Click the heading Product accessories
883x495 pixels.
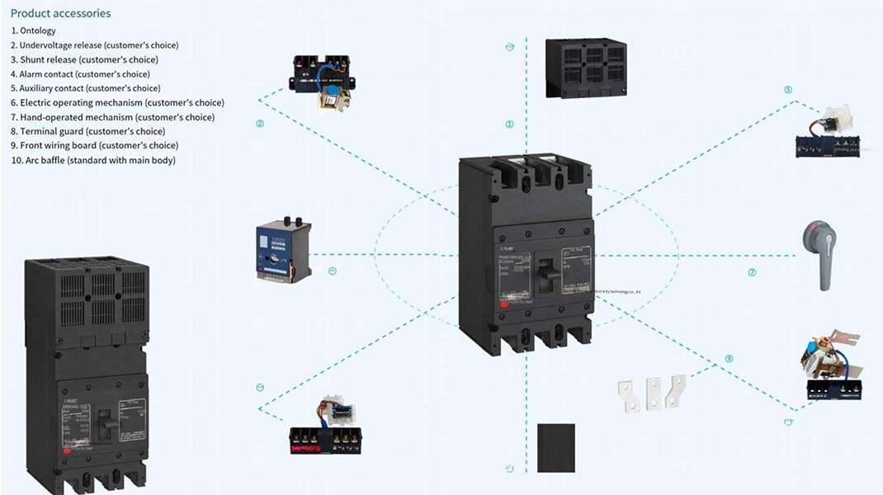point(60,13)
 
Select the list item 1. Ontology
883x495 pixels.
point(33,31)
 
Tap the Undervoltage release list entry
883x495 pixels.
point(94,45)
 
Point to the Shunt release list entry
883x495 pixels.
point(84,59)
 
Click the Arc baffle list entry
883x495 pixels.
point(92,160)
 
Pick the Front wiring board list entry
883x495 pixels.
point(94,146)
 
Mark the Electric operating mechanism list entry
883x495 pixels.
point(117,102)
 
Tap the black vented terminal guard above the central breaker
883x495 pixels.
point(586,68)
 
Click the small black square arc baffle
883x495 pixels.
point(555,448)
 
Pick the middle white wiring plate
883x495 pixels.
point(654,394)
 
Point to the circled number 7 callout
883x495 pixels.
point(752,272)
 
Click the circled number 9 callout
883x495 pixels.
point(729,359)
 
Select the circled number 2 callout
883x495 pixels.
point(260,125)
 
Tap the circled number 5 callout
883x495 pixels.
point(787,89)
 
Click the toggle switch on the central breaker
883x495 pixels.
point(543,269)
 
